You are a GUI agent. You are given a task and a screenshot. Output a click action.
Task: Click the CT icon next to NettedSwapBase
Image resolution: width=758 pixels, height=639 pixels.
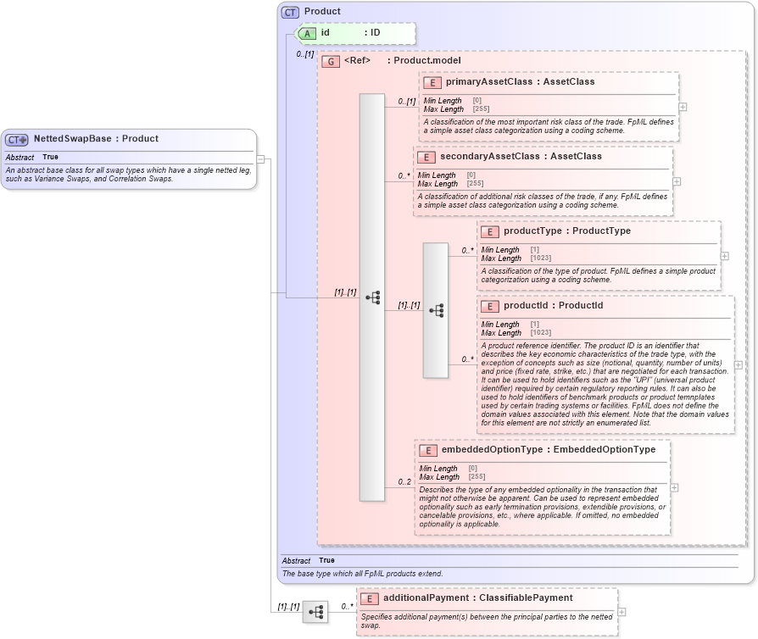click(x=17, y=139)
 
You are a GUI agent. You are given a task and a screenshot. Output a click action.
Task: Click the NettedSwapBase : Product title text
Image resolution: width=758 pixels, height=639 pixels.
click(x=96, y=138)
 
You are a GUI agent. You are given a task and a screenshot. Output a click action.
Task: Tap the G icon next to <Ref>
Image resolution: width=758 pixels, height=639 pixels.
click(x=331, y=62)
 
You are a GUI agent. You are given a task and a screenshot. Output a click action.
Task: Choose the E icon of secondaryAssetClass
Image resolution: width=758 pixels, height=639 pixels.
click(x=426, y=157)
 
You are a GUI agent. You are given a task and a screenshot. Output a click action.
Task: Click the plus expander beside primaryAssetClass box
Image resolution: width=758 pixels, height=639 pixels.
click(x=683, y=107)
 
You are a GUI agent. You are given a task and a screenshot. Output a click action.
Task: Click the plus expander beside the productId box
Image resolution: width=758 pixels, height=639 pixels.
click(x=738, y=365)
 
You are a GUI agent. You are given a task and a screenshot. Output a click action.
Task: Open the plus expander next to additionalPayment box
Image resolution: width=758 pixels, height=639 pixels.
click(x=621, y=612)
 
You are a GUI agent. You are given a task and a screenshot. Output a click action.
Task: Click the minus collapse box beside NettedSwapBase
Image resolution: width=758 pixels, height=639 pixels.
click(x=261, y=158)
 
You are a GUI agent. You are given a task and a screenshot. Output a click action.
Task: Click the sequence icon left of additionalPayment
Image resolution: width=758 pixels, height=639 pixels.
click(x=315, y=612)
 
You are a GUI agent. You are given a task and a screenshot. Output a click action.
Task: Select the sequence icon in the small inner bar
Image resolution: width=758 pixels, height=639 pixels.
click(x=436, y=311)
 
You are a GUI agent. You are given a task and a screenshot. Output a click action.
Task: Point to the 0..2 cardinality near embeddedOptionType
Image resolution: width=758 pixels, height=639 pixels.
click(x=404, y=482)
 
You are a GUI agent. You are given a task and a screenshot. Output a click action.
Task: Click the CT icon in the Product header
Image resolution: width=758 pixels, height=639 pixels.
click(x=291, y=12)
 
